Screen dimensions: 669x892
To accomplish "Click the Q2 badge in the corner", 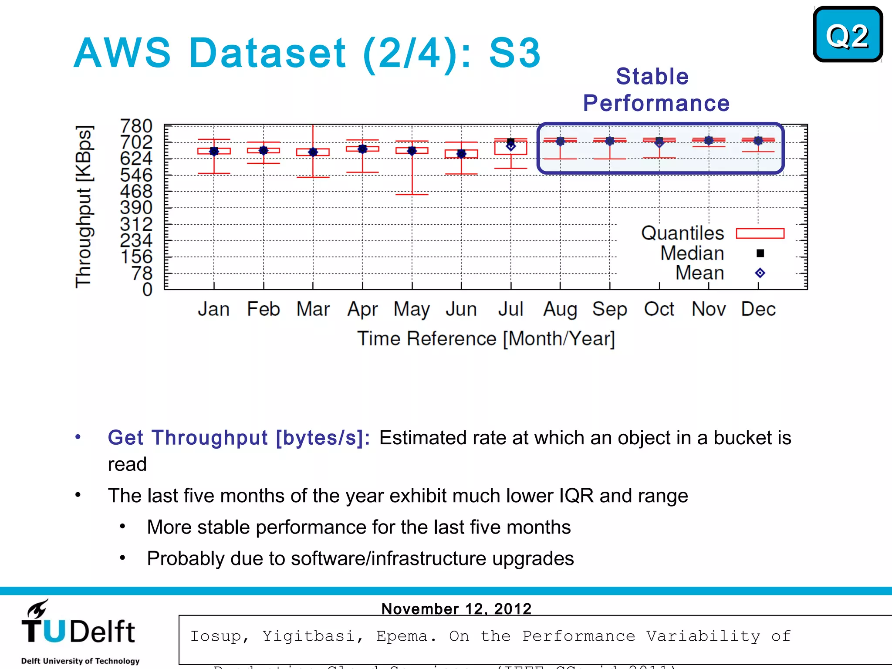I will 847,34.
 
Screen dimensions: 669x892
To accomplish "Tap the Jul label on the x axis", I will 510,309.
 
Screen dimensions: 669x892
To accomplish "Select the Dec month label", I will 758,309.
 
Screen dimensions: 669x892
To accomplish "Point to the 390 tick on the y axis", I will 136,208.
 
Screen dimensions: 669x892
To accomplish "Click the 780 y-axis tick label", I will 136,126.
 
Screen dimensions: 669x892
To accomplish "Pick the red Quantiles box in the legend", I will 760,233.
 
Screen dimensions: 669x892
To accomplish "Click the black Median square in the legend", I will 760,253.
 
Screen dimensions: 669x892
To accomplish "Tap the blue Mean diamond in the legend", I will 760,273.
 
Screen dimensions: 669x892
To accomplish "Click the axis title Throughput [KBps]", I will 84,207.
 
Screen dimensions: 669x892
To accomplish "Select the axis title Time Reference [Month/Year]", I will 486,339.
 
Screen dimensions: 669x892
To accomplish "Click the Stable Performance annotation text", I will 655,90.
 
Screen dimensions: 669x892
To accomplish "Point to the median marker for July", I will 511,142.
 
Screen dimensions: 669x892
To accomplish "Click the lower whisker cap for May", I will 412,194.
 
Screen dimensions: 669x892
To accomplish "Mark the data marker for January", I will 214,151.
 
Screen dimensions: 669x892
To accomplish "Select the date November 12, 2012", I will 456,608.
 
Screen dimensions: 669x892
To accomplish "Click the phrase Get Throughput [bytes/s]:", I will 239,438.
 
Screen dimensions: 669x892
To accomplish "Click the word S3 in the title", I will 515,53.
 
